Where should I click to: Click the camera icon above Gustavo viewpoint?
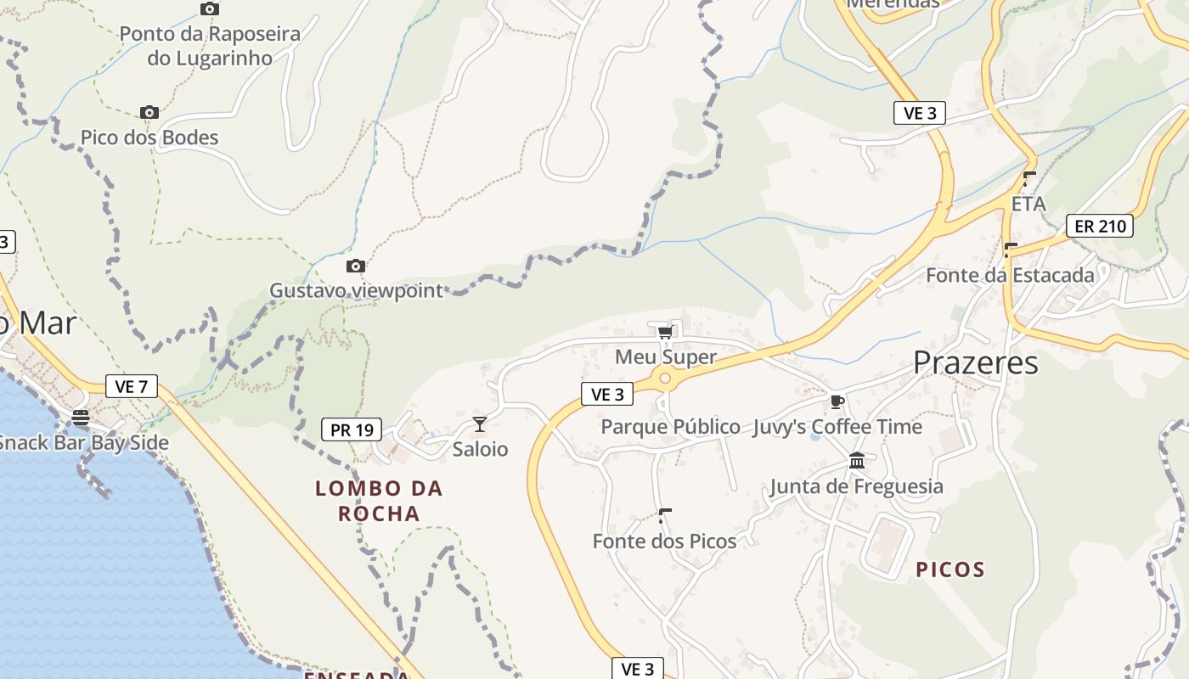(x=356, y=267)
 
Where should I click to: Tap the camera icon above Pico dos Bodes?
(x=149, y=112)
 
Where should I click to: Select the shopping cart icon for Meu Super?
(x=665, y=332)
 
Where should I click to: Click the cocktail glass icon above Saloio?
(x=480, y=424)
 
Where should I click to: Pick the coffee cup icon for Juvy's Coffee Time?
(x=837, y=401)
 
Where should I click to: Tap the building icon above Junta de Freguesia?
(x=857, y=461)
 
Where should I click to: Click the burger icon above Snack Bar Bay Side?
(x=81, y=418)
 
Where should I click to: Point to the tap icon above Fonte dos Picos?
(x=665, y=515)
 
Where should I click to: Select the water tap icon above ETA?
(x=1029, y=179)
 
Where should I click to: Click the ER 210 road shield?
(x=1100, y=226)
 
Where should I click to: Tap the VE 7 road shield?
(x=132, y=386)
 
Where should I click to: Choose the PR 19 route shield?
(x=352, y=429)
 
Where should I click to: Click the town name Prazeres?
(x=976, y=363)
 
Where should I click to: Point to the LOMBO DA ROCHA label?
(x=379, y=501)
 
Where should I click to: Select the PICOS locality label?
(x=950, y=570)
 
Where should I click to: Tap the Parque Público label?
(x=670, y=426)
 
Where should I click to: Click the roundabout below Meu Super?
(x=665, y=379)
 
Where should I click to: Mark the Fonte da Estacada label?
(x=1010, y=275)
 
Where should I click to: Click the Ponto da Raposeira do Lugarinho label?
(x=210, y=46)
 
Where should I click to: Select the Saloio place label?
(x=480, y=449)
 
